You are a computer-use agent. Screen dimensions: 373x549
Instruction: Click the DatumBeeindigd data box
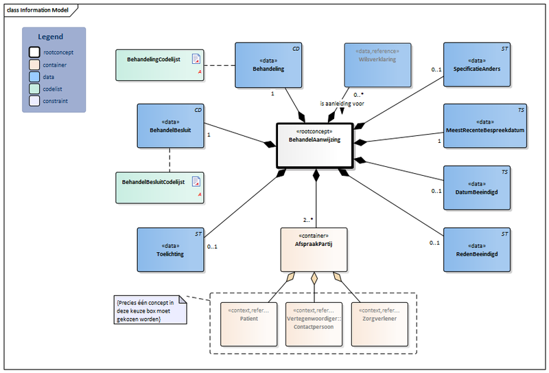[478, 188]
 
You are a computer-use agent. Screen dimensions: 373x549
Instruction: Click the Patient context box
[248, 324]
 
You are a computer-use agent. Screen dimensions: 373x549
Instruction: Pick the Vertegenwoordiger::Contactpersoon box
[314, 324]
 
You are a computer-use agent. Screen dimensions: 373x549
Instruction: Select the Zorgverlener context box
[378, 324]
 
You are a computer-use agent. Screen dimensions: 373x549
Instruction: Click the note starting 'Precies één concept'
[151, 310]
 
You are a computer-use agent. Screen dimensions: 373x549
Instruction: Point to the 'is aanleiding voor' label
[342, 104]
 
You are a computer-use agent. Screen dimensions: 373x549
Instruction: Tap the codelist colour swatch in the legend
[34, 89]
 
